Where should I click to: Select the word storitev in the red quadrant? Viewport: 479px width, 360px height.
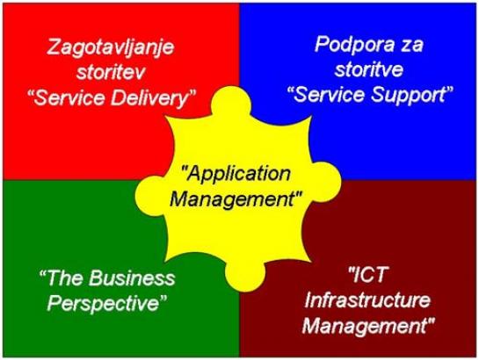tap(110, 73)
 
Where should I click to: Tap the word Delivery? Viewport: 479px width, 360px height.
tap(153, 99)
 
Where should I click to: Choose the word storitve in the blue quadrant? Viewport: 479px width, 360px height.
tap(369, 69)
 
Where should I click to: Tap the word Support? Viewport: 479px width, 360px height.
tap(411, 96)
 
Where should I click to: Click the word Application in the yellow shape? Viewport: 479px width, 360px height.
tap(236, 175)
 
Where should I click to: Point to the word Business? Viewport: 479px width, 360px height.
tap(132, 278)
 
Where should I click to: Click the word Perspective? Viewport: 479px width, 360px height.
tap(105, 303)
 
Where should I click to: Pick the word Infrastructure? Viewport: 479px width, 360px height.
tap(367, 300)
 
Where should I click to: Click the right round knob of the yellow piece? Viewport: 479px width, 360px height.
tap(323, 182)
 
